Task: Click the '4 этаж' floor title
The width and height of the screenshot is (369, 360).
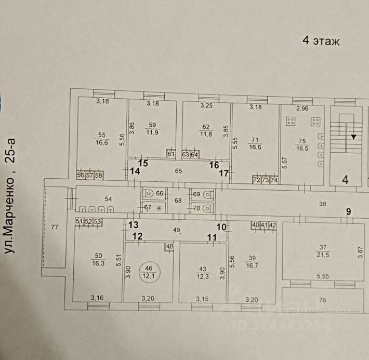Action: [x=321, y=41]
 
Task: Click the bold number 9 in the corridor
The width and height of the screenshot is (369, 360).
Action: [x=349, y=211]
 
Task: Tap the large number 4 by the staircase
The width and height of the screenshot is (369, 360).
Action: [x=345, y=180]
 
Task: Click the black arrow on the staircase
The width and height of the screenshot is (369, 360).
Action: [x=353, y=137]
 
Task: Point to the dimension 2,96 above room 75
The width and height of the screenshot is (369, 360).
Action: [x=302, y=109]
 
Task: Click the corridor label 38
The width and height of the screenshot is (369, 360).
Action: [x=323, y=204]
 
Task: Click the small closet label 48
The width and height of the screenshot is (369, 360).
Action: [x=169, y=247]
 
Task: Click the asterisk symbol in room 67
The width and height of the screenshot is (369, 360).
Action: [x=155, y=208]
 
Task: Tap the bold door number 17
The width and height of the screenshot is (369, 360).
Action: [x=223, y=174]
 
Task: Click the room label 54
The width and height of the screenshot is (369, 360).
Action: [x=108, y=199]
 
